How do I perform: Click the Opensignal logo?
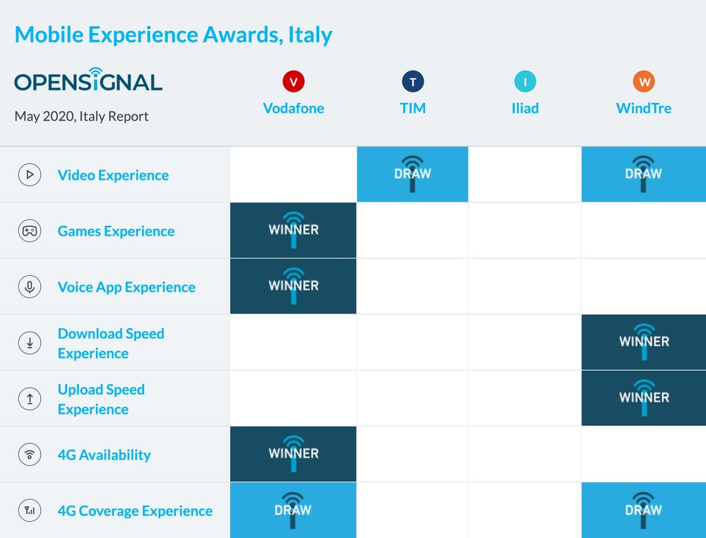coord(88,80)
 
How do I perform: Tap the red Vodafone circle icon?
coord(294,81)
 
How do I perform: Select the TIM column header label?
coord(412,108)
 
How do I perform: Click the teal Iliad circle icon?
coord(525,81)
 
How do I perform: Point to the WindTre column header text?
coord(643,108)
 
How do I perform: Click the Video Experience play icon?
coord(30,174)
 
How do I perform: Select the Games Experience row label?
coord(116,231)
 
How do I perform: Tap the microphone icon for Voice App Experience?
coord(30,287)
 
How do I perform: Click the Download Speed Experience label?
coord(112,343)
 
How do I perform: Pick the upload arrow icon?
coord(30,398)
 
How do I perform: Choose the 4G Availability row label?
coord(104,455)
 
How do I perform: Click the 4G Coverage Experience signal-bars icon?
coord(30,510)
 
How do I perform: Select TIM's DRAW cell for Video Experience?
coord(412,174)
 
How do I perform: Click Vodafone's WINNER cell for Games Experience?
coord(293,230)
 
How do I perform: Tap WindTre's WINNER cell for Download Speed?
coord(644,342)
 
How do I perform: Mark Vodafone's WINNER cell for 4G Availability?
coord(293,454)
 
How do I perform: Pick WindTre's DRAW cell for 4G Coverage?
coord(644,510)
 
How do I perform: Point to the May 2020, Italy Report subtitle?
coord(81,116)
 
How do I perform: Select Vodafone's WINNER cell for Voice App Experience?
coord(293,286)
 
